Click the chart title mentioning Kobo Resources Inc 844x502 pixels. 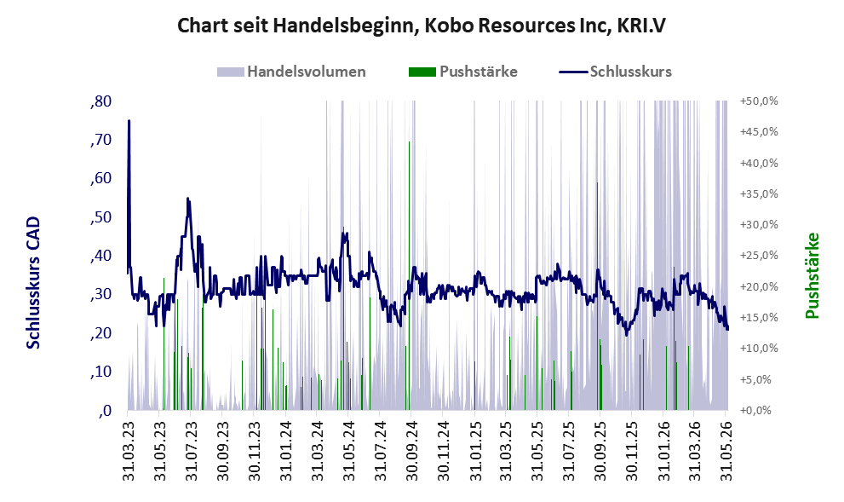422,26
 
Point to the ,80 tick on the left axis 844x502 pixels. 100,101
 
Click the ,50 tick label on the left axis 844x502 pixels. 100,217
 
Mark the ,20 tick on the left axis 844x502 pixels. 100,333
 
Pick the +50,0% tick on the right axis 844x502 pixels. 759,101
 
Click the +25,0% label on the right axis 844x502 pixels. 759,256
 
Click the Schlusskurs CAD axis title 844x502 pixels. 33,283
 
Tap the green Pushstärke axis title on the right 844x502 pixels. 812,276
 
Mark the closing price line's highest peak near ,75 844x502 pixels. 129,121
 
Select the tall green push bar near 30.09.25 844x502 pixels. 597,297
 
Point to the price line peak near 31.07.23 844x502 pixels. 187,199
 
